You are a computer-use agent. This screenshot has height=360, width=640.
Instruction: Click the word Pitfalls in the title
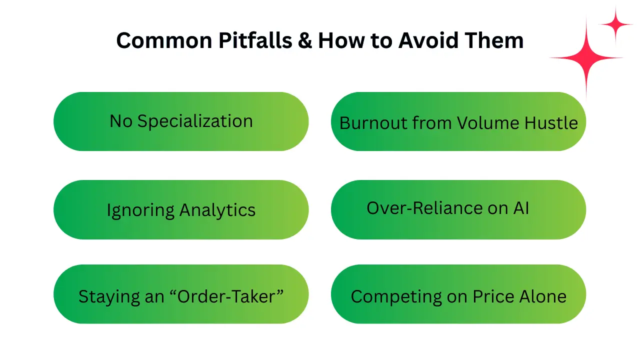pos(255,40)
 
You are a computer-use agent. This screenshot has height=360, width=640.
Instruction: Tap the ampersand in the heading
pos(305,40)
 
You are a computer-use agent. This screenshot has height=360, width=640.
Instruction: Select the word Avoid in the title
pos(428,40)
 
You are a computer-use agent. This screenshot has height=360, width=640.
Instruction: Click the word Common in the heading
pos(164,40)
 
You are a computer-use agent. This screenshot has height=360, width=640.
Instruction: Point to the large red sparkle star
pos(586,57)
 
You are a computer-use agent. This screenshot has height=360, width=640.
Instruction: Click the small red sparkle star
pos(615,24)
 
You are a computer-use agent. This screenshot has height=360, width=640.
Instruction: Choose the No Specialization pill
pos(181,121)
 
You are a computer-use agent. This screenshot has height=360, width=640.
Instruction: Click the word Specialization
pos(195,121)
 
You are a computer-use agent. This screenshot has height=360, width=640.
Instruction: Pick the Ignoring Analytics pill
pos(181,209)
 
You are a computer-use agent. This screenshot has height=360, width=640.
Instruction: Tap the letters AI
pos(521,208)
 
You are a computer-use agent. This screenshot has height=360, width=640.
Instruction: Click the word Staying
pos(109,297)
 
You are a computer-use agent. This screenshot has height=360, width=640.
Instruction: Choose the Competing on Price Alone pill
pos(458,294)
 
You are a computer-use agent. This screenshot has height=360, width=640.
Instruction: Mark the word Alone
pos(543,296)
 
